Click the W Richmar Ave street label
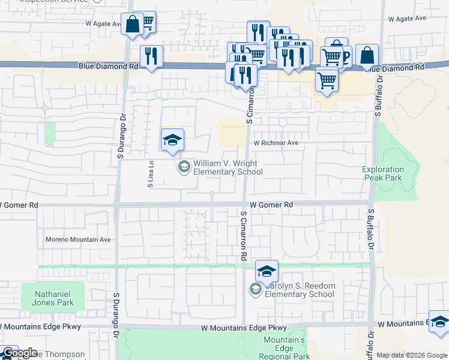[276, 143]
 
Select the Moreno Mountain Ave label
[78, 239]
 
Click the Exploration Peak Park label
[383, 174]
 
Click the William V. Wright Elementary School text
[228, 167]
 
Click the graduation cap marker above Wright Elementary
[172, 140]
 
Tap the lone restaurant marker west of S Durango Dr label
[151, 56]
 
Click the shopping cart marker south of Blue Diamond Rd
[326, 79]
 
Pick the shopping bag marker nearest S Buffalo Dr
[367, 56]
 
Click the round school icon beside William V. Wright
[184, 166]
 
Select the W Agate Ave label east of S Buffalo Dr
[406, 19]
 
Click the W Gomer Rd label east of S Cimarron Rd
[271, 205]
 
